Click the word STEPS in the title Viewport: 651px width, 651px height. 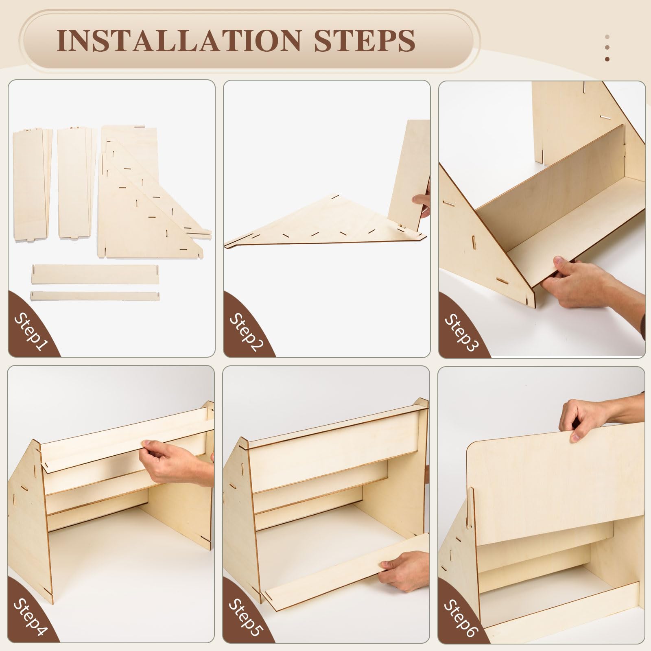point(365,41)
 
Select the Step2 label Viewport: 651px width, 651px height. point(246,332)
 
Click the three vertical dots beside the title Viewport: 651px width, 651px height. point(607,48)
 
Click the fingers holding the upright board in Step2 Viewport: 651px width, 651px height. point(421,203)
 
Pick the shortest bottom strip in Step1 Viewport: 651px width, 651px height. point(95,296)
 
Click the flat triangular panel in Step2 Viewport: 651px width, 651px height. point(317,228)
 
